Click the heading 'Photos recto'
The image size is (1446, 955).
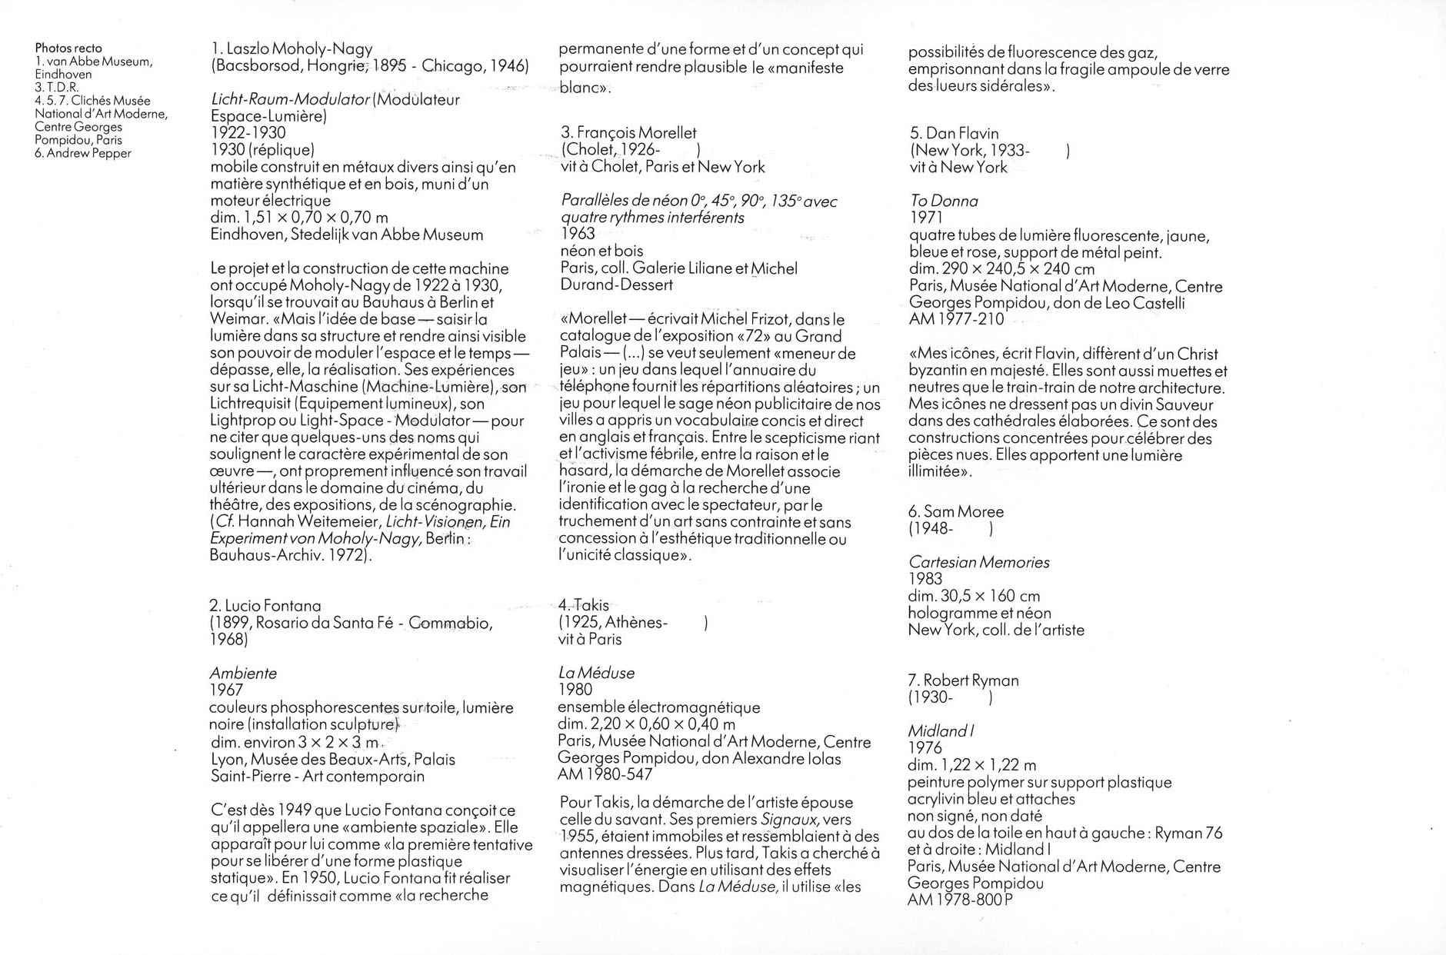[x=68, y=48]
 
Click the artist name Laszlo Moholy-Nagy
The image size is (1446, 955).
[x=299, y=49]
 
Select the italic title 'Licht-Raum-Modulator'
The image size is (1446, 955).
[x=290, y=99]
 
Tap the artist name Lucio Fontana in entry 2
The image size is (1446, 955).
[x=272, y=606]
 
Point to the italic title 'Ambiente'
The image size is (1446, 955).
[x=243, y=674]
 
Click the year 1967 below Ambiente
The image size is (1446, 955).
[x=226, y=690]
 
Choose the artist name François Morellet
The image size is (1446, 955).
[x=637, y=133]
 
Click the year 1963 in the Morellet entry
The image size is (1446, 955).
[x=578, y=234]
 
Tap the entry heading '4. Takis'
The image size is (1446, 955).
[x=584, y=606]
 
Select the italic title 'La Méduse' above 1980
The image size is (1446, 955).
[x=597, y=674]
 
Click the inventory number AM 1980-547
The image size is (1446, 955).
[x=606, y=775]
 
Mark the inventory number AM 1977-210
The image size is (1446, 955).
[x=956, y=319]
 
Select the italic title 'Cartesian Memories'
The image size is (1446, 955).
[x=979, y=563]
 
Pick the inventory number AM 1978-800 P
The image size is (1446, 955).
[x=960, y=900]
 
